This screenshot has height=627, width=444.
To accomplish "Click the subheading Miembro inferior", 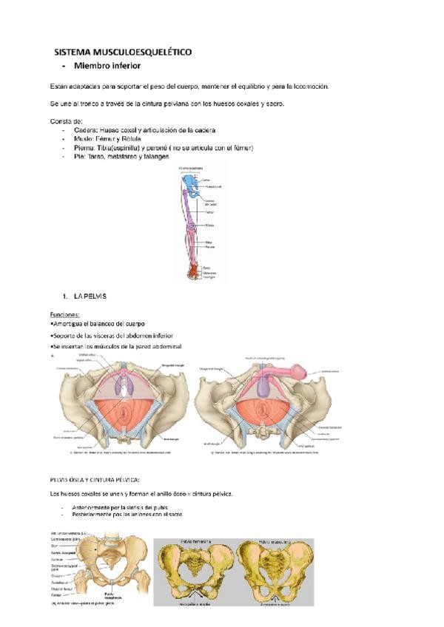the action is coord(104,67).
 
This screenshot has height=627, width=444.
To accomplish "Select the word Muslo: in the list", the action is coord(84,139).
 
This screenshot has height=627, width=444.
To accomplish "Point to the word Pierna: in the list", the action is coord(87,148).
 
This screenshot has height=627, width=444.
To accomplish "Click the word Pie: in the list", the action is coord(81,157).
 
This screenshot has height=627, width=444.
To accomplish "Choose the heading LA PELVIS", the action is coord(90,296).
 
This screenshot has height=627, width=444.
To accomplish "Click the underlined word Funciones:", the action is coord(65,315).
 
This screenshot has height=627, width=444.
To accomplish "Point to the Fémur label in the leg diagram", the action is coord(209,211).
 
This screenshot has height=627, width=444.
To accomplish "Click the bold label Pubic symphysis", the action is coord(112,595).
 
